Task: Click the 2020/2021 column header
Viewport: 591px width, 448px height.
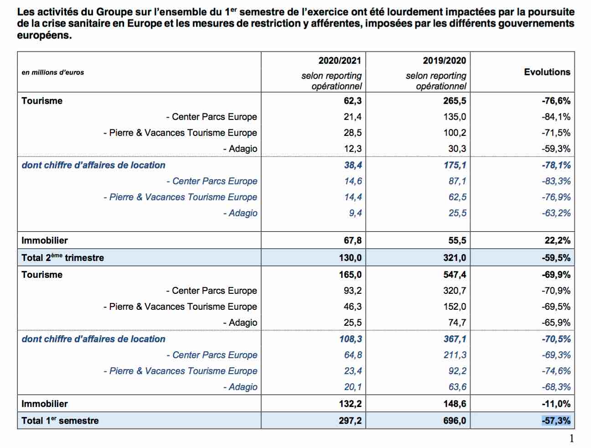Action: click(x=340, y=61)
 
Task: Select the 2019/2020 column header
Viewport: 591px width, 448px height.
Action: click(x=444, y=61)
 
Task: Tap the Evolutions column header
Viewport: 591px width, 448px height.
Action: click(x=547, y=72)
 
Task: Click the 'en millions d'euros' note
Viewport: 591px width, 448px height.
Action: click(x=53, y=73)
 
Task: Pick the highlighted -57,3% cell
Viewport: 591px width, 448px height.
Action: click(x=556, y=421)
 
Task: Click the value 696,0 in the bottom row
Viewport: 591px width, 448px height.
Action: click(x=455, y=421)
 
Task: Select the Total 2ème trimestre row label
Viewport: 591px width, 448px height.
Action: click(x=62, y=257)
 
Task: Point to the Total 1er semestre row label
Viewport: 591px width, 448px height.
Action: click(x=60, y=420)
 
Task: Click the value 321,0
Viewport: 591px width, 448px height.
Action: click(x=455, y=258)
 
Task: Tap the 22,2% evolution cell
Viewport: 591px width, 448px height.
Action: click(x=557, y=240)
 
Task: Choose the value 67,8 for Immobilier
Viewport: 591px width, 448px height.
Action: click(x=353, y=240)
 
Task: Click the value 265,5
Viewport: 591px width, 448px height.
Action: click(x=455, y=101)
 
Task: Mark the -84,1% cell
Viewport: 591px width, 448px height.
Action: click(x=556, y=117)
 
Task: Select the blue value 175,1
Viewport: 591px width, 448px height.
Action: click(x=455, y=165)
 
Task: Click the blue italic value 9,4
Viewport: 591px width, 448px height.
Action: click(x=355, y=213)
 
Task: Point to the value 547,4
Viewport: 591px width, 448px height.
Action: click(x=455, y=275)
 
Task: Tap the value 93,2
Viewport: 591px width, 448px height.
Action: click(x=353, y=291)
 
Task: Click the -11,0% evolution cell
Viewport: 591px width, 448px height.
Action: click(x=556, y=404)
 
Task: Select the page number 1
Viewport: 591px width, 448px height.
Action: click(x=571, y=438)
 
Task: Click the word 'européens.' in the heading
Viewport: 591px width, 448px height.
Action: click(x=44, y=36)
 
